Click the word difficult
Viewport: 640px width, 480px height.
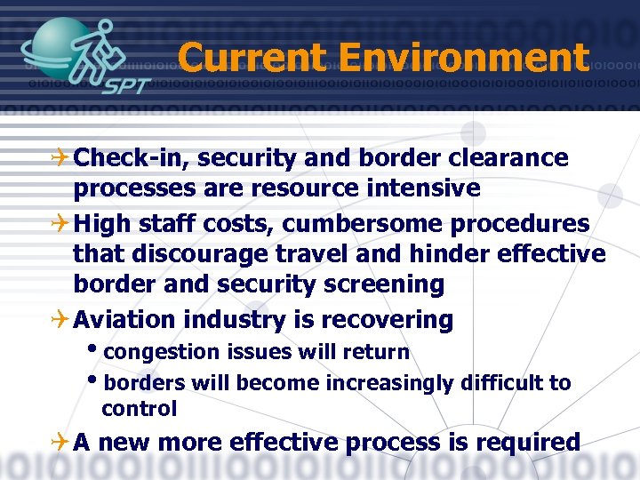(x=498, y=383)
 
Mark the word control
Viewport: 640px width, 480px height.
(x=140, y=409)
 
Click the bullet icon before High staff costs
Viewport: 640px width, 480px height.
(x=62, y=223)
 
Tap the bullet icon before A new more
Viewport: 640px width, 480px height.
(x=62, y=442)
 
